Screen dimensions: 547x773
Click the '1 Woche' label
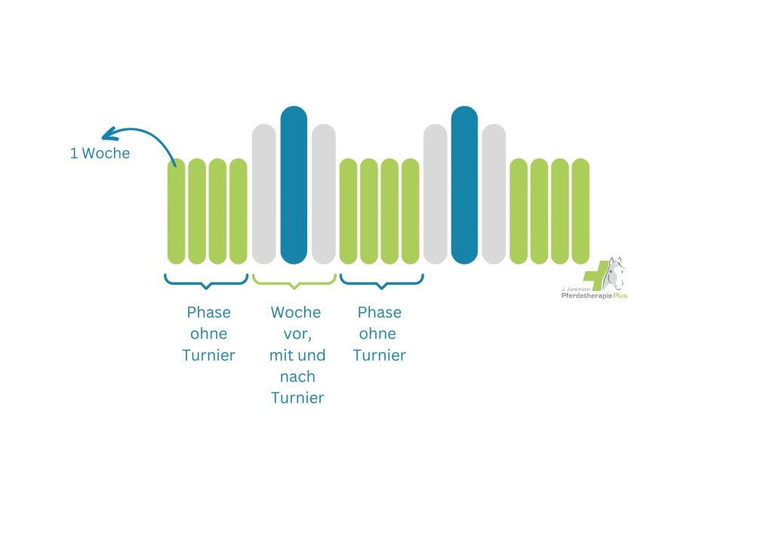click(x=100, y=153)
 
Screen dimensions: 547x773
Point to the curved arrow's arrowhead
click(x=107, y=135)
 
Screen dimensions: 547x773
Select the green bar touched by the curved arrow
click(x=176, y=212)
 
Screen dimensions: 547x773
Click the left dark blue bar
click(x=294, y=185)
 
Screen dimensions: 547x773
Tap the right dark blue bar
click(x=464, y=185)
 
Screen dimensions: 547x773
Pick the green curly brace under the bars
click(x=294, y=280)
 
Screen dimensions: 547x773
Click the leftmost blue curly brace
click(x=206, y=280)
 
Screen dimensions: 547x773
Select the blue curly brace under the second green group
click(x=381, y=280)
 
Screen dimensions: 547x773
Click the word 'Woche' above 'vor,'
click(x=296, y=312)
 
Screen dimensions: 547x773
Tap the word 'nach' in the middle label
click(x=297, y=376)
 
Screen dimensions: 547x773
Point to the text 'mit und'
click(x=297, y=355)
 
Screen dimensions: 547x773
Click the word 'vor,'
click(x=297, y=334)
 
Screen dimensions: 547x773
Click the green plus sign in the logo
click(x=597, y=275)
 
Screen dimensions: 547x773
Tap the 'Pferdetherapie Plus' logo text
click(x=593, y=295)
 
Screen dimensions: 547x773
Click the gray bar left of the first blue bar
click(x=264, y=194)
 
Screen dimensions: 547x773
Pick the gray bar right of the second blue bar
click(x=494, y=194)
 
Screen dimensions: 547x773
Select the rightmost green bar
click(x=580, y=212)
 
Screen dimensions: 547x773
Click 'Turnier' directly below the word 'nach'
click(x=297, y=397)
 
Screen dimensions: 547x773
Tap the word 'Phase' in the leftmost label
click(x=209, y=312)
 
